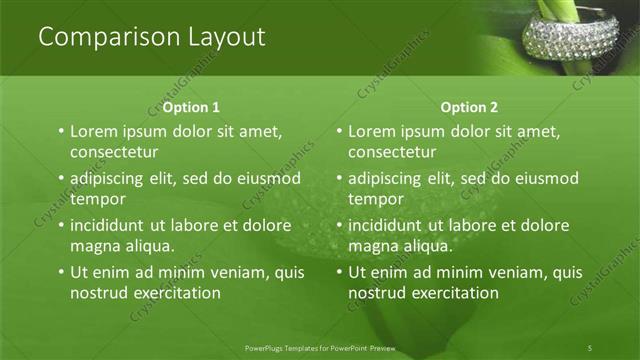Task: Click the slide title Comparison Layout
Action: point(151,37)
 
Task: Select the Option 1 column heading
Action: point(191,107)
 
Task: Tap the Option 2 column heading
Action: point(469,107)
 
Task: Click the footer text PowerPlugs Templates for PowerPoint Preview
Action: point(320,347)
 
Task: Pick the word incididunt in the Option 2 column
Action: point(390,225)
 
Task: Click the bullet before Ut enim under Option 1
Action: point(60,272)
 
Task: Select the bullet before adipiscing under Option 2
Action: point(338,178)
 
